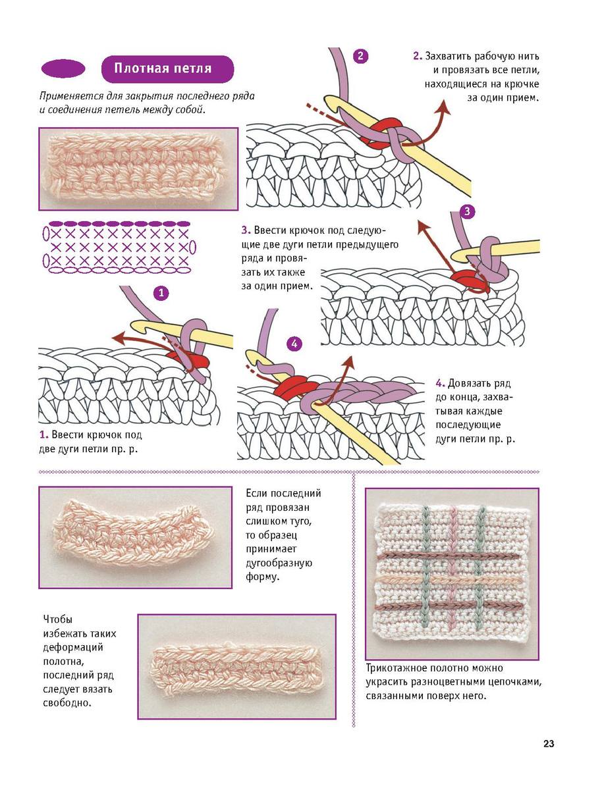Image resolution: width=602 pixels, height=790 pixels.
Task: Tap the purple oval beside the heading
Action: (63, 68)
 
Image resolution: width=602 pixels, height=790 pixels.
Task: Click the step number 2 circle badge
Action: (360, 56)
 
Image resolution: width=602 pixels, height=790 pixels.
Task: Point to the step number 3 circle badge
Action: (467, 211)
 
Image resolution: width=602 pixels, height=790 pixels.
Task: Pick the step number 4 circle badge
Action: (294, 343)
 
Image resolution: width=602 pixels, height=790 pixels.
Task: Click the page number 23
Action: (549, 744)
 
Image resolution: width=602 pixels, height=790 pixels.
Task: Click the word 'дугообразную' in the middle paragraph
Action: (278, 563)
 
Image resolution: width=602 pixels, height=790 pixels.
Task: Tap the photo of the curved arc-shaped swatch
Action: (135, 537)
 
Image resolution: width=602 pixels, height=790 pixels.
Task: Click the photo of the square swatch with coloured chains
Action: (452, 573)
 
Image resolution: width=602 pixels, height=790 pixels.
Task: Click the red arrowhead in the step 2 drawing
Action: (446, 108)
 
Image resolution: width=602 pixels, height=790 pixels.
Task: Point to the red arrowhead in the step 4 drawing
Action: (348, 360)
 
